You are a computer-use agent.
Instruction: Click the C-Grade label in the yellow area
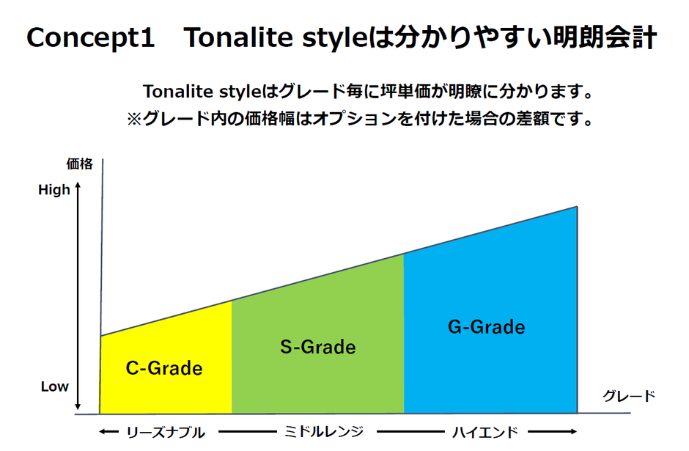(164, 368)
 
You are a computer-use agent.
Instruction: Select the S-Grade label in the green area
(318, 348)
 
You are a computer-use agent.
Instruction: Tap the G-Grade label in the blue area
(487, 327)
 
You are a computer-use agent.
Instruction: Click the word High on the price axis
(54, 190)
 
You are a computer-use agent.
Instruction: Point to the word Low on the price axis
(54, 386)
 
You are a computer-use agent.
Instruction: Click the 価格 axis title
(80, 164)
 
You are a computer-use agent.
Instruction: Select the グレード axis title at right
(629, 396)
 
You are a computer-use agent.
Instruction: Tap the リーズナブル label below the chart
(166, 433)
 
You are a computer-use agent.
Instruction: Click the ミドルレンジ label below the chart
(324, 432)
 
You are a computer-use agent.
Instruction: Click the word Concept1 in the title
(90, 37)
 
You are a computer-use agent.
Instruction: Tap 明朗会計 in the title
(605, 37)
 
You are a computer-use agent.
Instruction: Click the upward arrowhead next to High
(78, 186)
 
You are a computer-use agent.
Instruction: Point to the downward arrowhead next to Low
(78, 406)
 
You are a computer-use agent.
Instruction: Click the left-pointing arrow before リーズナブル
(108, 432)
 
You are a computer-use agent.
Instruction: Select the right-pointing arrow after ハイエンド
(553, 432)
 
